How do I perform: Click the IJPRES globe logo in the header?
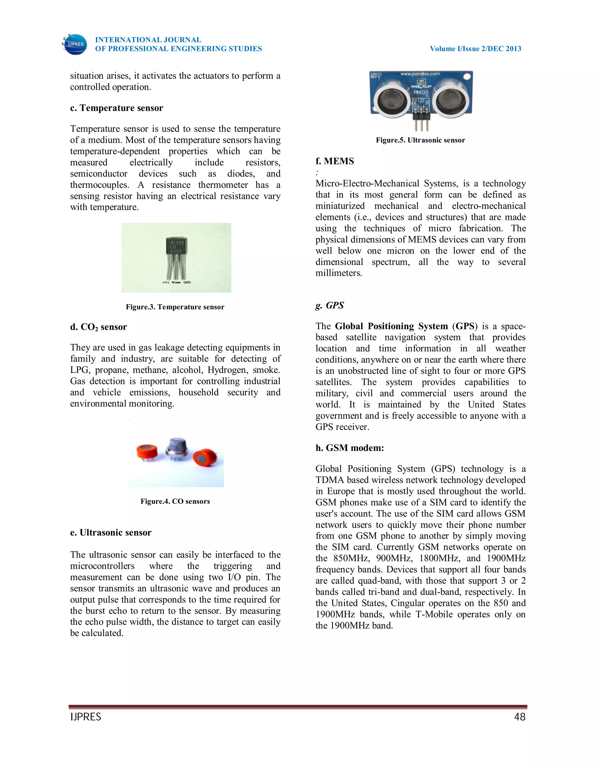pyautogui.click(x=74, y=45)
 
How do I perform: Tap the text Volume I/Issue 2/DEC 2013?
pyautogui.click(x=475, y=49)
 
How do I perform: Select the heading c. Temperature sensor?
pyautogui.click(x=116, y=108)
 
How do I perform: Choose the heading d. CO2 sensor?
pyautogui.click(x=99, y=327)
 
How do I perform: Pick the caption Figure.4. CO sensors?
pyautogui.click(x=175, y=502)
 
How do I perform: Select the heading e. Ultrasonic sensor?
pyautogui.click(x=111, y=533)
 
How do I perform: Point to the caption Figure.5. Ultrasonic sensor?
pyautogui.click(x=420, y=141)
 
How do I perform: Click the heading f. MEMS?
pyautogui.click(x=334, y=161)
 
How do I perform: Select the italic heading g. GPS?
pyautogui.click(x=329, y=305)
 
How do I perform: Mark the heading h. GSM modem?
pyautogui.click(x=350, y=448)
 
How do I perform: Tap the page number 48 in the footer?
pyautogui.click(x=520, y=717)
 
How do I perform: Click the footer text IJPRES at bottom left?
pyautogui.click(x=86, y=717)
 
